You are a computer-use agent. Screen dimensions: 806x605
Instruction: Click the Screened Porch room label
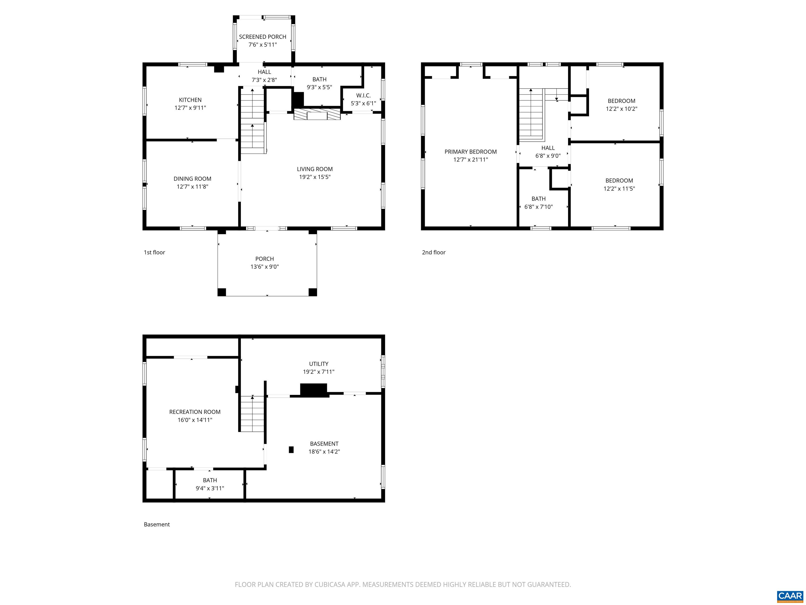262,37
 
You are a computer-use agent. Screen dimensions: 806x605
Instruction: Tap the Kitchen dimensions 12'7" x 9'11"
190,108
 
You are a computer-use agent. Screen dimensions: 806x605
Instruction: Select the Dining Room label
192,179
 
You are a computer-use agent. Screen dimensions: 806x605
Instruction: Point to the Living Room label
315,169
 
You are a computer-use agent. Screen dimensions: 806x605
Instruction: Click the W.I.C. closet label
363,96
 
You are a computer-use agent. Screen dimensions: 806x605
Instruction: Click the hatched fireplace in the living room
317,114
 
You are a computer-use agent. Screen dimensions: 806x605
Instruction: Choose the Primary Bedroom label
470,152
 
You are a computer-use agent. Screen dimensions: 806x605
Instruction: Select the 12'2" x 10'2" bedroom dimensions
622,109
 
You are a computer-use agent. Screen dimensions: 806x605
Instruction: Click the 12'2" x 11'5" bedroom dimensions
619,189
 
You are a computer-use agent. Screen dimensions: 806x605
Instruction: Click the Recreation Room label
195,412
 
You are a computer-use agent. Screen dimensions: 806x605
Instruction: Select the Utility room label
319,364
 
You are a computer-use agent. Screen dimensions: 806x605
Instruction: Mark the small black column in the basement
291,450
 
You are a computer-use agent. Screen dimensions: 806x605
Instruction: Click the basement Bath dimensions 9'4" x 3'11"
210,488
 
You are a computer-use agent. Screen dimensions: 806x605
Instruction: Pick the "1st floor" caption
155,252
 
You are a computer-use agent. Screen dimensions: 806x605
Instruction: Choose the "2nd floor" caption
434,252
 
